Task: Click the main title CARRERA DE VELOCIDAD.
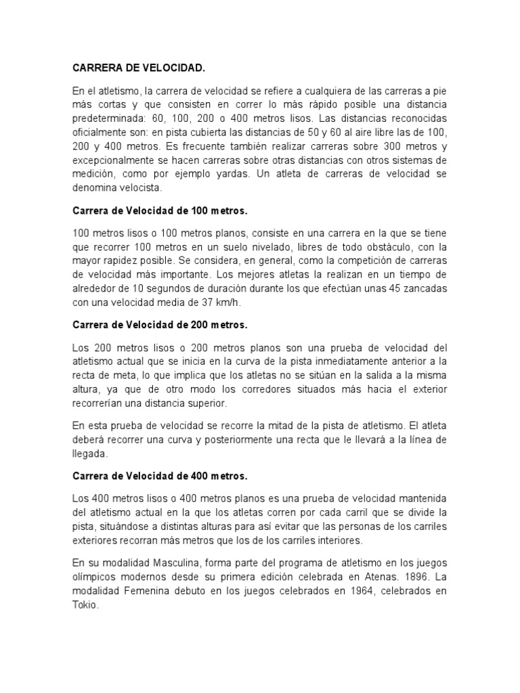tap(138, 68)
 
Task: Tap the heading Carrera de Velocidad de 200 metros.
tap(160, 325)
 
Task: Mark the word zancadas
tap(423, 289)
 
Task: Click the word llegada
tap(90, 455)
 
